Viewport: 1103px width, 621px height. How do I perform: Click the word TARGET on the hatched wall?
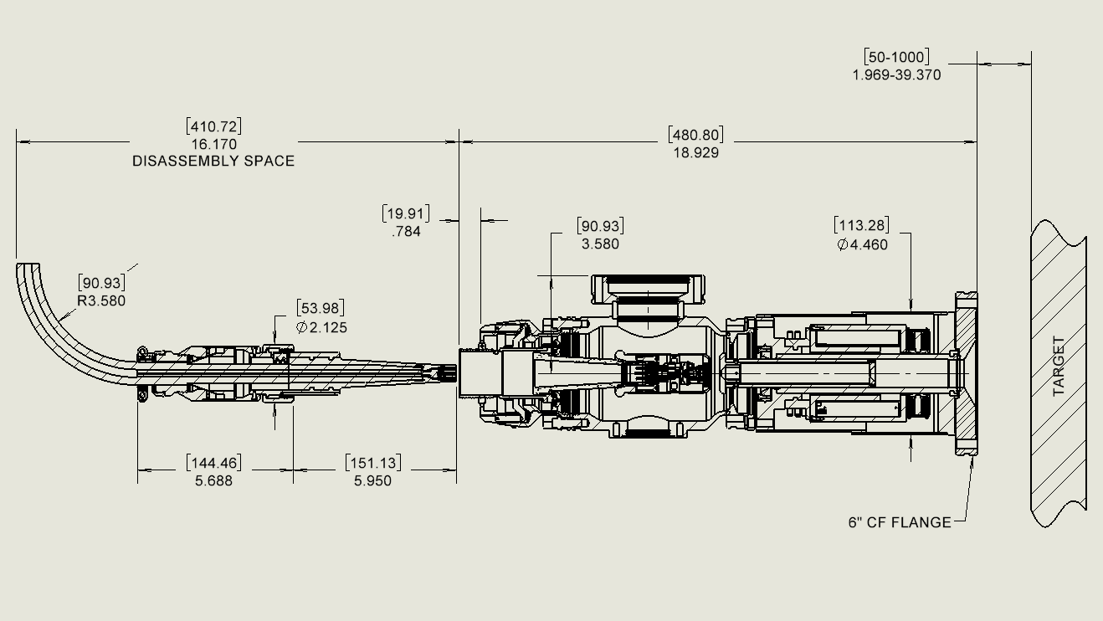pyautogui.click(x=1058, y=366)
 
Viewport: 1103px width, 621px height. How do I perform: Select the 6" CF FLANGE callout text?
pyautogui.click(x=900, y=522)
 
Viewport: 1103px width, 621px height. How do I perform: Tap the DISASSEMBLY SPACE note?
pyautogui.click(x=213, y=161)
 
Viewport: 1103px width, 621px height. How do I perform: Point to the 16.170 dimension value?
pyautogui.click(x=213, y=144)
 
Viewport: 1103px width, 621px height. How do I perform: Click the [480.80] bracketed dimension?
pyautogui.click(x=695, y=135)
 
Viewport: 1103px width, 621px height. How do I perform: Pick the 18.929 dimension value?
pyautogui.click(x=695, y=152)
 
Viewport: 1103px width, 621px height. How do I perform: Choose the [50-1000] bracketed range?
pyautogui.click(x=896, y=57)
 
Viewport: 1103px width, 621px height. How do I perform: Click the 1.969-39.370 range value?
pyautogui.click(x=896, y=74)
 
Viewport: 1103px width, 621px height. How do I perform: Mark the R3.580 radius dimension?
pyautogui.click(x=101, y=301)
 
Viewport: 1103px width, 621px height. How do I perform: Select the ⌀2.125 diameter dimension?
pyautogui.click(x=321, y=327)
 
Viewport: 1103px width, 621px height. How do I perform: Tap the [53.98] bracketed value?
pyautogui.click(x=320, y=308)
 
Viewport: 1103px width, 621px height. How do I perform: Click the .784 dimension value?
pyautogui.click(x=406, y=232)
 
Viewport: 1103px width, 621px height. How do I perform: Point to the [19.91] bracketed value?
pyautogui.click(x=406, y=213)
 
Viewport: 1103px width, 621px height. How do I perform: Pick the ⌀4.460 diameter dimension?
pyautogui.click(x=862, y=244)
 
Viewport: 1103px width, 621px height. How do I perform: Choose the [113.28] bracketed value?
pyautogui.click(x=862, y=225)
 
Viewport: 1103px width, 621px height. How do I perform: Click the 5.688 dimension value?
pyautogui.click(x=213, y=480)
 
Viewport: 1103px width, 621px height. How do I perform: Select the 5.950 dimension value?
pyautogui.click(x=372, y=480)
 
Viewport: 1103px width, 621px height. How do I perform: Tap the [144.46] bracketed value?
pyautogui.click(x=213, y=463)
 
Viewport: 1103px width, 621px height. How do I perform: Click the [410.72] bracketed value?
pyautogui.click(x=213, y=126)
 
